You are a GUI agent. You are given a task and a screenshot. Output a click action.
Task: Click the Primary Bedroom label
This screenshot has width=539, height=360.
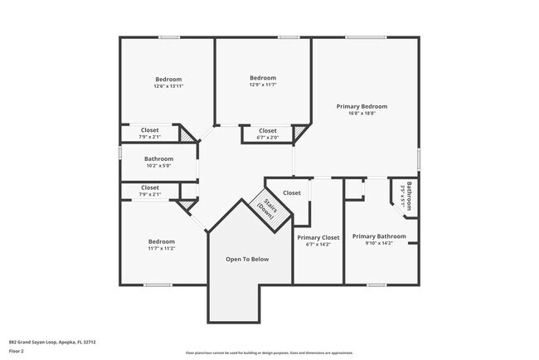pos(362,106)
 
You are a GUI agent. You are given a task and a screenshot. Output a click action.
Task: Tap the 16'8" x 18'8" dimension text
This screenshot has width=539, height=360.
pos(362,114)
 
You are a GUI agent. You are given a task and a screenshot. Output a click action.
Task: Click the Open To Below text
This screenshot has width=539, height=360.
pos(248,260)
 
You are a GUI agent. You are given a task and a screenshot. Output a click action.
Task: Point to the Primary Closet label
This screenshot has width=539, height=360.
pos(318,237)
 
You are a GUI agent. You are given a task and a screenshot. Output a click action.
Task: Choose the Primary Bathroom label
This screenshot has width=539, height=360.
pos(384,236)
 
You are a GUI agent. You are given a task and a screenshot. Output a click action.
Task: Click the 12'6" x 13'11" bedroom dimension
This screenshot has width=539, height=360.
pos(168,86)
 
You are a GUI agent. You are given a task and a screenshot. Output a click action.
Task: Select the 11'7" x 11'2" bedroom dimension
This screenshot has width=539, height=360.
pos(161,248)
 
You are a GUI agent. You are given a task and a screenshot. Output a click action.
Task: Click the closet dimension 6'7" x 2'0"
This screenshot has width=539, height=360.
pos(267,137)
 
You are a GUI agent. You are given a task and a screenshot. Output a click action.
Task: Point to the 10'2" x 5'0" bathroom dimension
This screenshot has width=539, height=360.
pos(158,165)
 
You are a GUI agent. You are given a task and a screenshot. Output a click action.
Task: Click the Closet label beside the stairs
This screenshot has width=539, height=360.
pos(292,193)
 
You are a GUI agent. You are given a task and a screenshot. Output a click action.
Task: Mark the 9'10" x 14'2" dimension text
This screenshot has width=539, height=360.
pos(384,244)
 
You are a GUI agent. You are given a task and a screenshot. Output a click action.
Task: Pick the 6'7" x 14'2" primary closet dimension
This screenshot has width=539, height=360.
pos(318,245)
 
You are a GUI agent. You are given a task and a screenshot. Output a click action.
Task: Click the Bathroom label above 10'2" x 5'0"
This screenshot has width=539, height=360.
pos(158,158)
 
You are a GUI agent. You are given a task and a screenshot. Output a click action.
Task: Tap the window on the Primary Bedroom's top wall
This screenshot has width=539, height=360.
pos(361,37)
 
